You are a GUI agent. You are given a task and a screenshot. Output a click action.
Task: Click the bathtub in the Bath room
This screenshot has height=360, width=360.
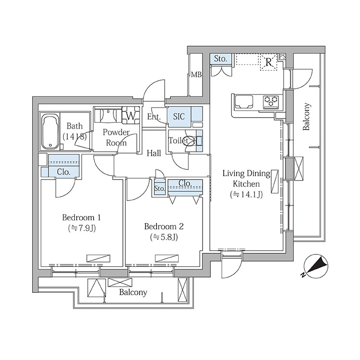pos(50,132)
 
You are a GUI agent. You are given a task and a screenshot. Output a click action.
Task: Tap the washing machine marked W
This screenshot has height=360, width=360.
pos(131,116)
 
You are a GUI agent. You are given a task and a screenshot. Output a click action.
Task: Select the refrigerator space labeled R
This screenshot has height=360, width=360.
pos(268,62)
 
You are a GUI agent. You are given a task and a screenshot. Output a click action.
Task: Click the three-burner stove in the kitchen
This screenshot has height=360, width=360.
pos(271,101)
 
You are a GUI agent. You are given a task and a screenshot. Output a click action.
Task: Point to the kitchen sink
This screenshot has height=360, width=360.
pos(244,102)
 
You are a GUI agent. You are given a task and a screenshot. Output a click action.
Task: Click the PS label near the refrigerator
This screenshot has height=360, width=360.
pos(282,57)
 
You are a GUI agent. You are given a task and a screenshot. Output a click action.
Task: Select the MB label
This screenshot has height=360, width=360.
pos(196,74)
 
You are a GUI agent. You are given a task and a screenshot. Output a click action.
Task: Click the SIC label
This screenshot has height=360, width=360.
pos(179,117)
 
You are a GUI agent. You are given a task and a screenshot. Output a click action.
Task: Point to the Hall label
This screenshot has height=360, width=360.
pos(154,153)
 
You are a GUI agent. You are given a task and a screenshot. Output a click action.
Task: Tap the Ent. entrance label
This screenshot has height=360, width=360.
pos(154,117)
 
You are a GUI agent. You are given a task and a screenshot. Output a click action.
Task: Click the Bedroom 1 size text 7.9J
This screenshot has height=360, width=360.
pos(82,228)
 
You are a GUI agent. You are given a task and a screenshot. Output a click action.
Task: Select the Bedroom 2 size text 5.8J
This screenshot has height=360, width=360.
pos(164,237)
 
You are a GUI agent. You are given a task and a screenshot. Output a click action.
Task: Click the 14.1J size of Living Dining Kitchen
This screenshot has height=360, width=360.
pos(246,195)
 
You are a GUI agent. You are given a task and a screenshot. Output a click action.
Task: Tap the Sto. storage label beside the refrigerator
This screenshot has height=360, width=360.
pos(220,59)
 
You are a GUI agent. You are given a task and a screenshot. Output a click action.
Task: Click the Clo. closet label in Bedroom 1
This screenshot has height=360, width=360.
pos(63,172)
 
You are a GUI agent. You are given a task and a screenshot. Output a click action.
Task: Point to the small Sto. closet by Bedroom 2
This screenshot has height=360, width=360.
pos(159,189)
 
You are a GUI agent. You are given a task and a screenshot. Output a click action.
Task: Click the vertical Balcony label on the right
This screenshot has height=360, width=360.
pos(307,117)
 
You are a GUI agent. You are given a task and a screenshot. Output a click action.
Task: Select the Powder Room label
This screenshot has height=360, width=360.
pos(116,138)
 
